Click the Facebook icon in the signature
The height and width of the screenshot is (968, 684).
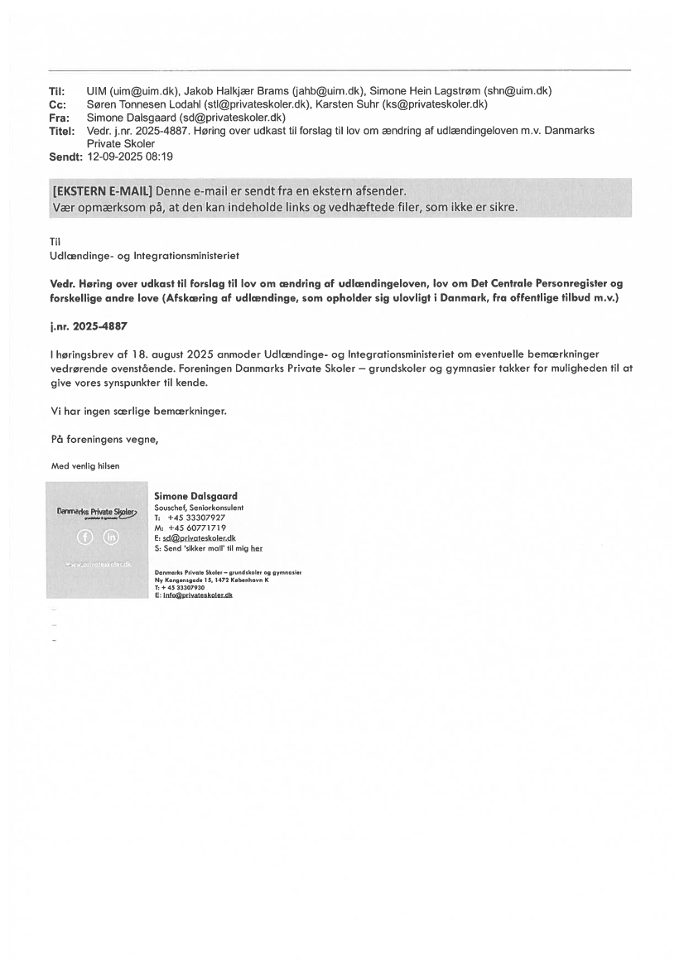[x=83, y=537]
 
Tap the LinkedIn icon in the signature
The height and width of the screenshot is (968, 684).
[x=111, y=537]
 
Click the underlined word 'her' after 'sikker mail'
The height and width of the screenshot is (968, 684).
[x=256, y=548]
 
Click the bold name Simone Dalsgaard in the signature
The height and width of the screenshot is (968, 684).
[x=195, y=496]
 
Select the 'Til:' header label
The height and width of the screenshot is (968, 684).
[x=58, y=91]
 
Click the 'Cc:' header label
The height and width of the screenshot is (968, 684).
[x=58, y=104]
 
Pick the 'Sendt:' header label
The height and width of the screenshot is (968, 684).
[x=65, y=157]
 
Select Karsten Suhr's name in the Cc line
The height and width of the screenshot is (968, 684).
[x=346, y=104]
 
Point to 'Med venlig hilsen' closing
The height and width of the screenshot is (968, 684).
[x=85, y=465]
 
